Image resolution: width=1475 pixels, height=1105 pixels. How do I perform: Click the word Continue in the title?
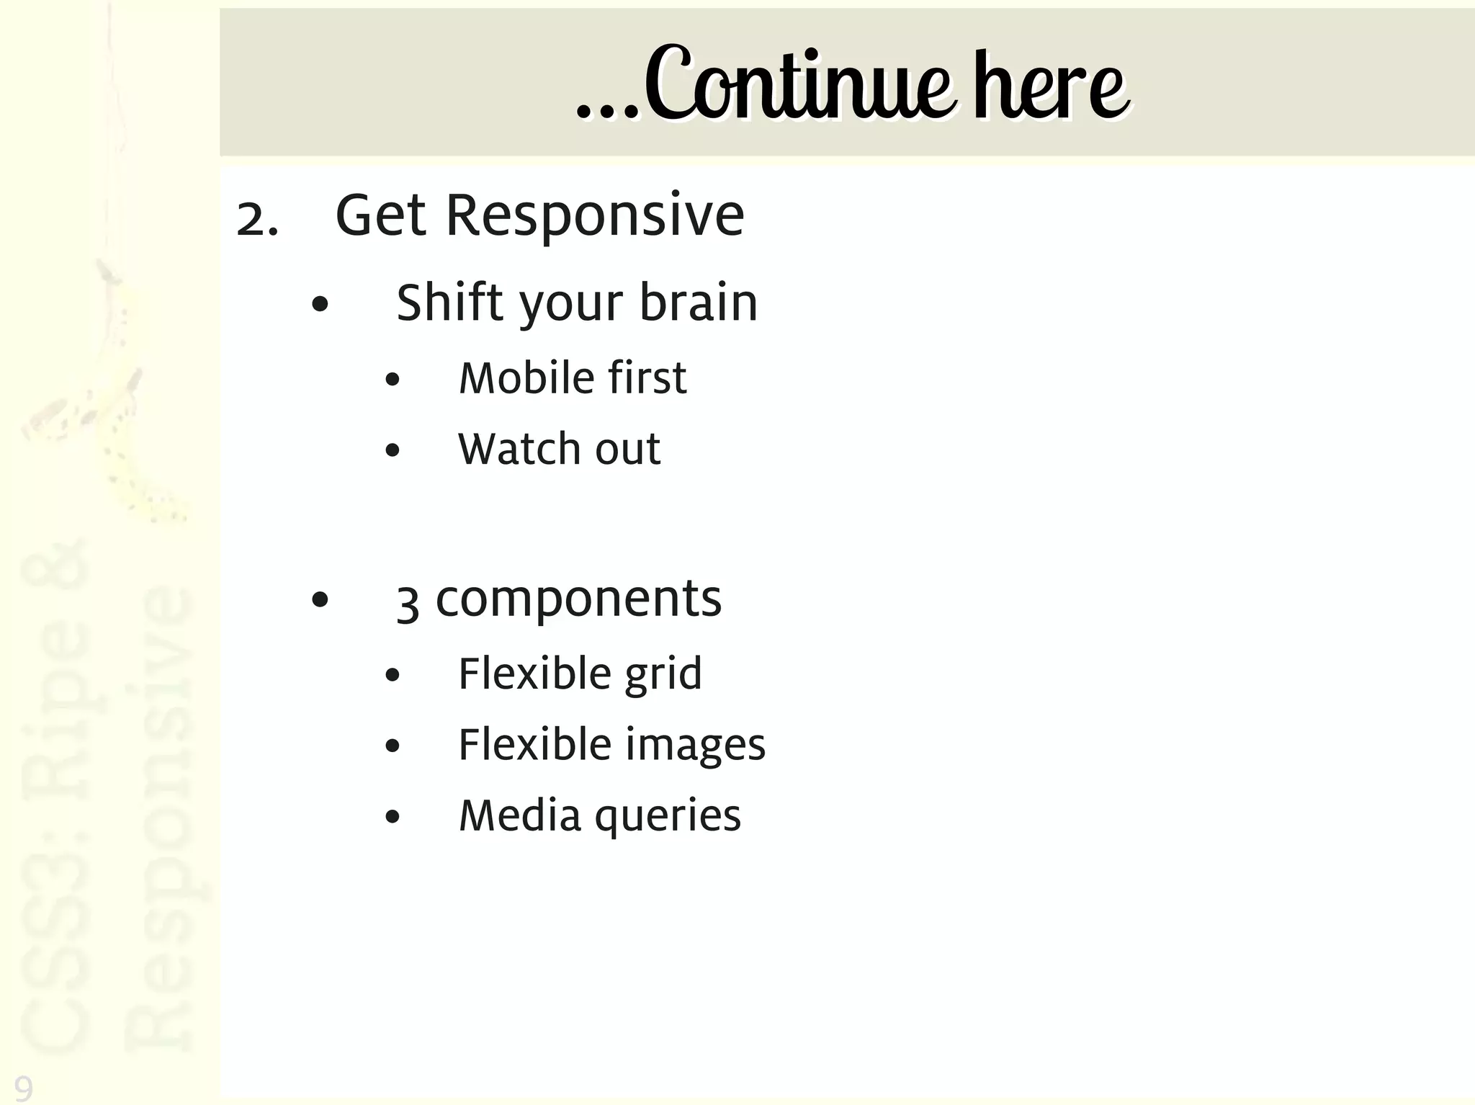799,85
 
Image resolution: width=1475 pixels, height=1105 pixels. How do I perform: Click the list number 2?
256,218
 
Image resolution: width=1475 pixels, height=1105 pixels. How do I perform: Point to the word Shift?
448,303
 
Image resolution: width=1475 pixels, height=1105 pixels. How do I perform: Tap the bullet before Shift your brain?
320,305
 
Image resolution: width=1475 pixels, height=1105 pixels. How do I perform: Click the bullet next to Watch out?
392,451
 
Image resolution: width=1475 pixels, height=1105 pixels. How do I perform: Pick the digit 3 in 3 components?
408,603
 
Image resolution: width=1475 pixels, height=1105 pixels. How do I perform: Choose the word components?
578,599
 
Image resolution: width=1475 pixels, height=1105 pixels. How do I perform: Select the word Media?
519,815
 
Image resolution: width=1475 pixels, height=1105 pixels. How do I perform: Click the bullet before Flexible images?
392,746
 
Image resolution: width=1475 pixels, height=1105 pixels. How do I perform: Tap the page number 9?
23,1088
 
